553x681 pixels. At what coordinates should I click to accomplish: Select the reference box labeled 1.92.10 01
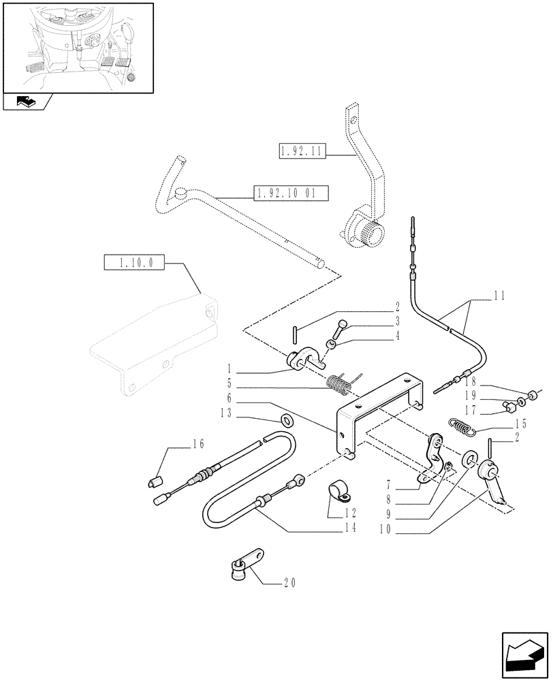click(291, 193)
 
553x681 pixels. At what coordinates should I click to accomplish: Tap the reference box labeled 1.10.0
click(134, 262)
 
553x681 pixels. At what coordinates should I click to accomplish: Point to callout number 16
click(198, 444)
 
